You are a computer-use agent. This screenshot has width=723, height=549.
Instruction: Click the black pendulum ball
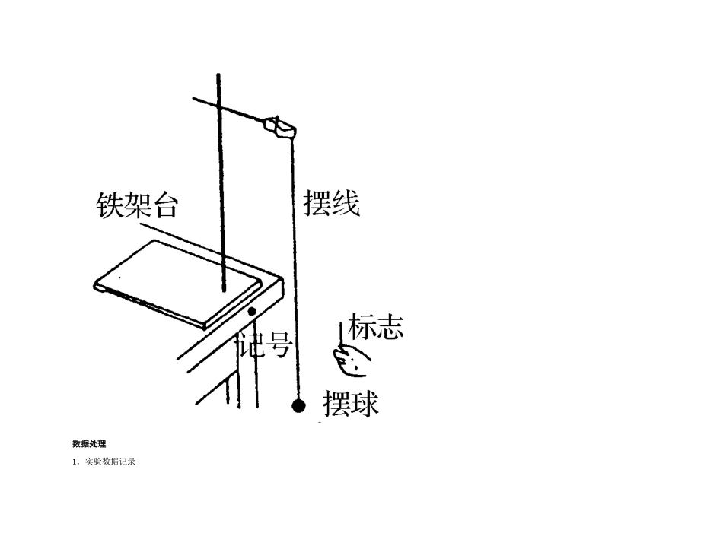tap(299, 405)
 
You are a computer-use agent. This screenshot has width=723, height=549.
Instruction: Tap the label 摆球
tap(350, 404)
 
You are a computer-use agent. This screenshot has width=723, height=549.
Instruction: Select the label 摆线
tap(331, 202)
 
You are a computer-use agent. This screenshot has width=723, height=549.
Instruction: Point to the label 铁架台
tap(137, 204)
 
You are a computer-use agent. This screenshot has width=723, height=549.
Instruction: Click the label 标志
tap(375, 326)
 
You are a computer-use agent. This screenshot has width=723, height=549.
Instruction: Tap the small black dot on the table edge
tap(252, 312)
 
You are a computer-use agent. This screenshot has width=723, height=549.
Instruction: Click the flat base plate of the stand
tap(179, 282)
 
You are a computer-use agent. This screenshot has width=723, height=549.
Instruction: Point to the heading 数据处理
tap(89, 443)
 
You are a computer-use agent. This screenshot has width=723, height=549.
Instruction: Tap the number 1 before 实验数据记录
tap(75, 462)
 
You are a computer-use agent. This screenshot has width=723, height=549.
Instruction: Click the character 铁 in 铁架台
tap(110, 204)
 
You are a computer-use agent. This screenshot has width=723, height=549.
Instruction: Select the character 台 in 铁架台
tap(164, 204)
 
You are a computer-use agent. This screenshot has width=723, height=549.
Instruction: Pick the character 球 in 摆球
tap(364, 404)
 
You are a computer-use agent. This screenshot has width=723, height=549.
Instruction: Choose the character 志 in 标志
tap(389, 326)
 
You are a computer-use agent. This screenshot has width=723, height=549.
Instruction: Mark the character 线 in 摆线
tap(345, 202)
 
